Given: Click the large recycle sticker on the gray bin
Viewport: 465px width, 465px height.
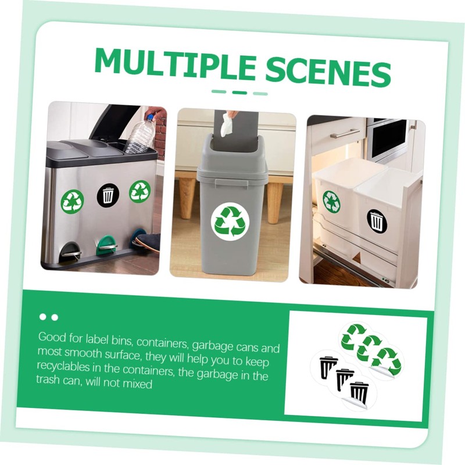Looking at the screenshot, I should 231,221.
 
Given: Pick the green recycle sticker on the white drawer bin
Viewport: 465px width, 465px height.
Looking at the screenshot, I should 332,201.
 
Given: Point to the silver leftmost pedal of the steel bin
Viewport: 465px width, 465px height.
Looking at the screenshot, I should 71,251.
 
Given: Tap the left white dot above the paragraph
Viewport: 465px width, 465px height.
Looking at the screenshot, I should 42,317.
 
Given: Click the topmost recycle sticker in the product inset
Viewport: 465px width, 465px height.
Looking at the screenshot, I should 353,337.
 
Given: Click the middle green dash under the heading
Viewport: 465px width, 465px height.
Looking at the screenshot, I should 239,92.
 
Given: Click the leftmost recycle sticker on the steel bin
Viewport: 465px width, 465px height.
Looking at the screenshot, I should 73,201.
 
